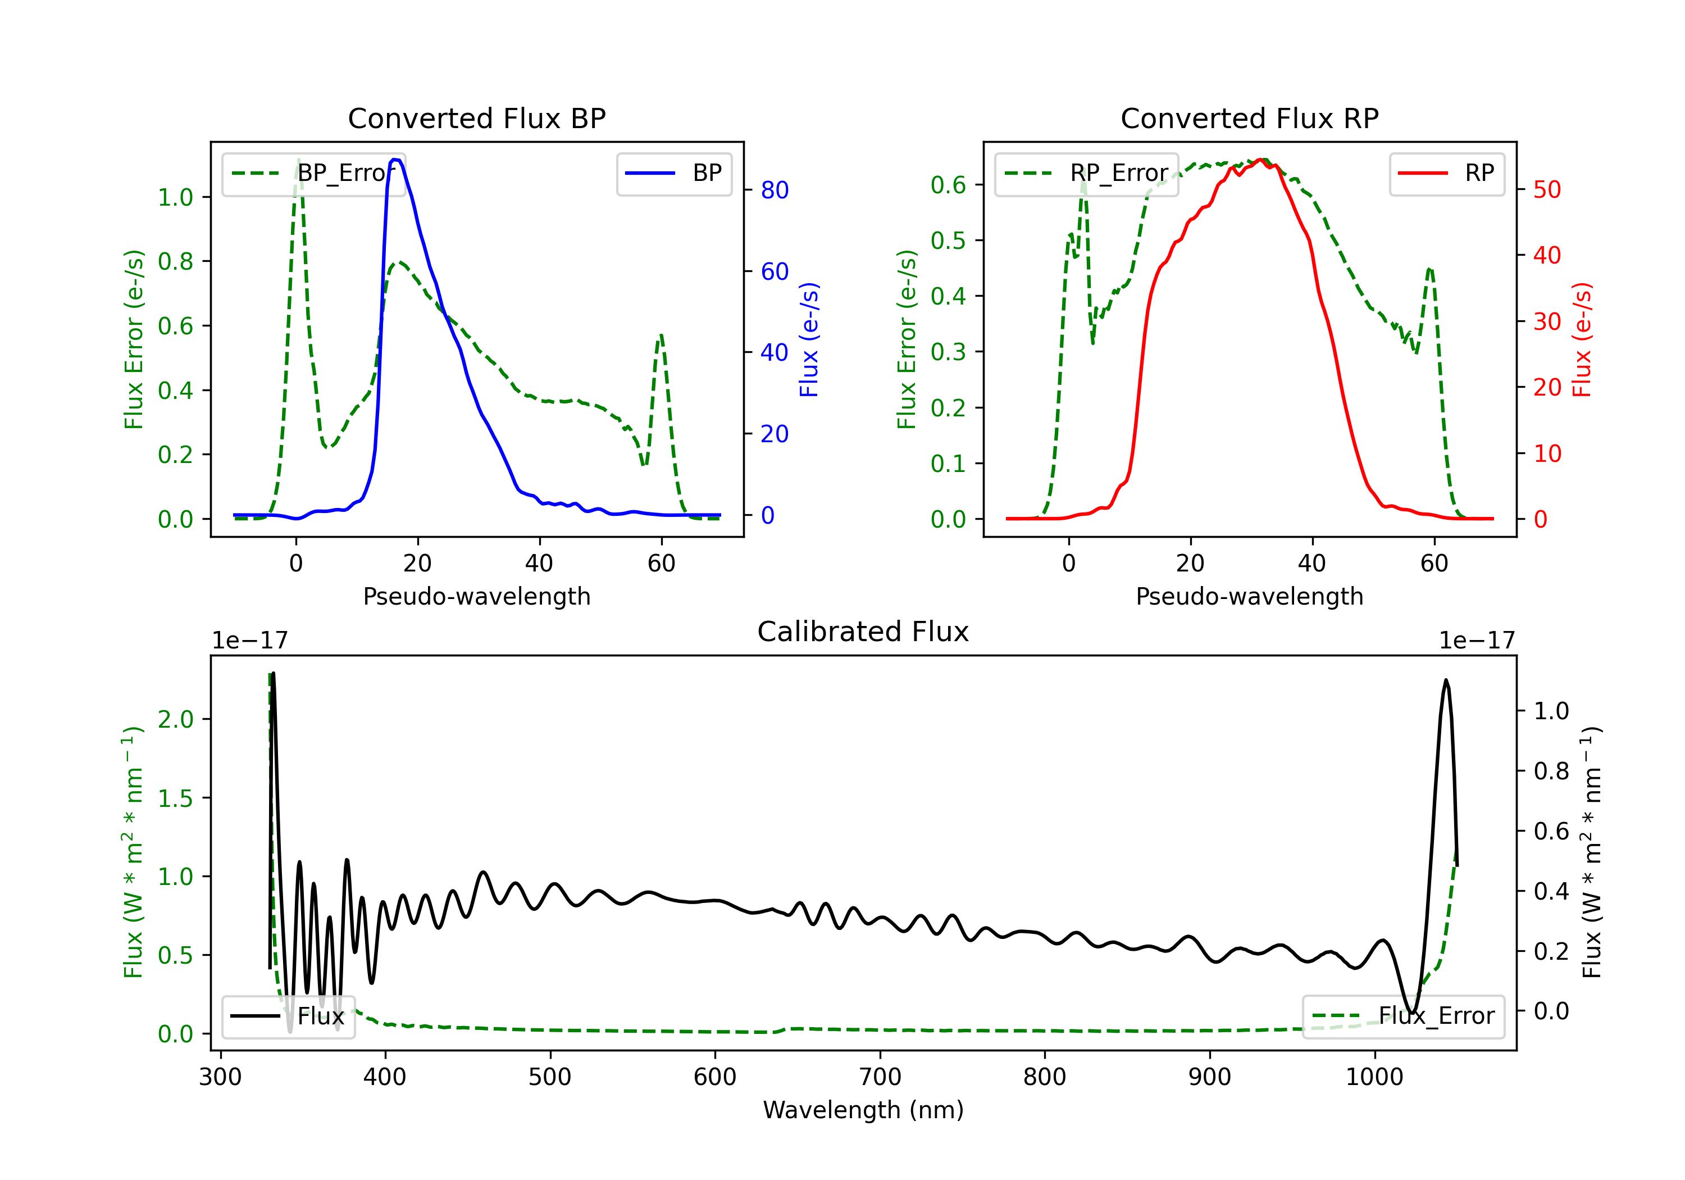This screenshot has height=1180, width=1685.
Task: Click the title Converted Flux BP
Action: [x=476, y=118]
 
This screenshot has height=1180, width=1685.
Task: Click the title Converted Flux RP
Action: [x=1249, y=118]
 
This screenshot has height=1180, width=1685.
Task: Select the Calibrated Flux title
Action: [x=863, y=632]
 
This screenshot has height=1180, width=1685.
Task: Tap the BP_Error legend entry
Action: [x=313, y=173]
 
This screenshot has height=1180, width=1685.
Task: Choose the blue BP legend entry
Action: [x=673, y=173]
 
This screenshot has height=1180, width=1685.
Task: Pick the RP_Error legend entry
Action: [x=1086, y=173]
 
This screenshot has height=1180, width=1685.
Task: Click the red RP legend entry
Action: [x=1446, y=173]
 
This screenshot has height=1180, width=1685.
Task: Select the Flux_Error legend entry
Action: [x=1403, y=1016]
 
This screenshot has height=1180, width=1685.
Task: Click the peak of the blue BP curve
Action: [x=395, y=160]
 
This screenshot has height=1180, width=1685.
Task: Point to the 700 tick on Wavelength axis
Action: [x=880, y=1077]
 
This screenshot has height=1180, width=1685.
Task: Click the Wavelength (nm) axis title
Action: [x=863, y=1110]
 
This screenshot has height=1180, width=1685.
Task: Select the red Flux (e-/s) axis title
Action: [x=1582, y=340]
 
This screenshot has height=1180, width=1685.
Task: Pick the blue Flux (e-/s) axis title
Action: [x=809, y=340]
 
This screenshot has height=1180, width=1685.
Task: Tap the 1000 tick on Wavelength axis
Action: [x=1374, y=1077]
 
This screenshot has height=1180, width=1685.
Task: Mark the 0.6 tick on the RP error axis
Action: [x=948, y=185]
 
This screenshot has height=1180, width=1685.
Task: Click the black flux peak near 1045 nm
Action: [x=1446, y=680]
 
